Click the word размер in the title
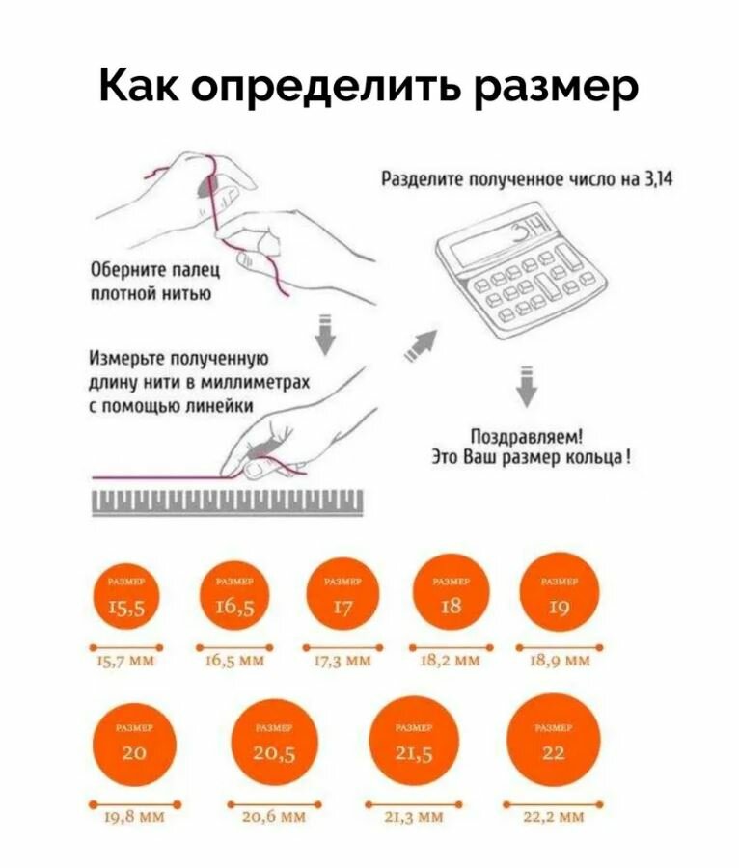coord(556,87)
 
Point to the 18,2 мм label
coord(450,661)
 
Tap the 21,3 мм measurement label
coord(414,817)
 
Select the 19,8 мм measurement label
coord(134,817)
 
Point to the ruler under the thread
coord(228,500)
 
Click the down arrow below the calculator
coord(526,385)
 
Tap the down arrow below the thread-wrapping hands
coord(326,332)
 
